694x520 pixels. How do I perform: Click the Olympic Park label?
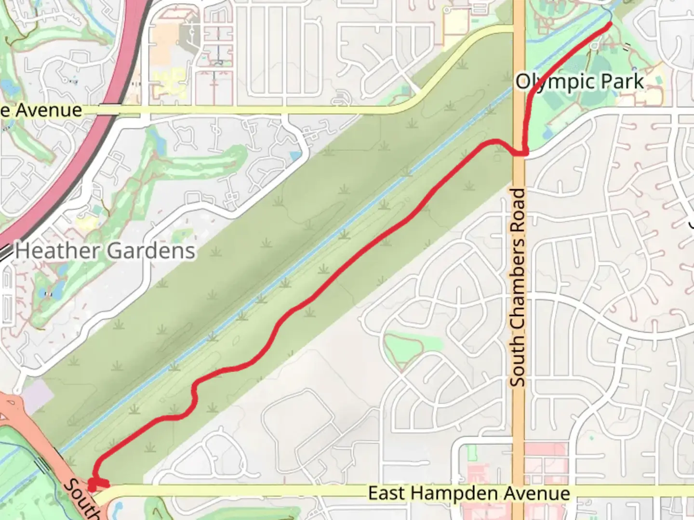[580, 82]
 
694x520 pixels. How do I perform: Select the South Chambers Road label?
[518, 287]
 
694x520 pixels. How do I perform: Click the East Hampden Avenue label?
[469, 494]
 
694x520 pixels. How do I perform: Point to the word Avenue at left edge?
[47, 110]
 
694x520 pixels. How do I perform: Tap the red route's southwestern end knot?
[93, 485]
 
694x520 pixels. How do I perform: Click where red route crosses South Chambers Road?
[520, 153]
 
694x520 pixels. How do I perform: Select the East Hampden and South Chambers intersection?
[519, 492]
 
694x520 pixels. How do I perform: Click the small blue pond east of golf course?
[295, 156]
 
